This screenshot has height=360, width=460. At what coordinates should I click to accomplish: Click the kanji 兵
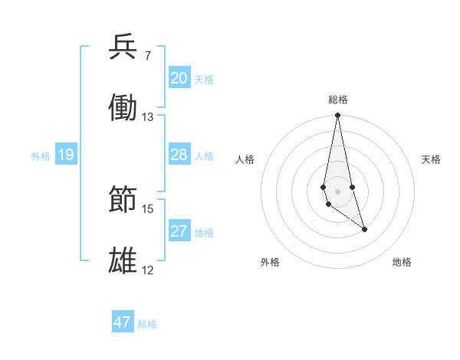123,48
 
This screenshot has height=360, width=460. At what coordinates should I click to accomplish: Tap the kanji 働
123,108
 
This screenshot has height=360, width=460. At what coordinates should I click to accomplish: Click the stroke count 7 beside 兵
148,56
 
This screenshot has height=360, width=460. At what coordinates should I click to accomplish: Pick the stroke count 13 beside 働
148,116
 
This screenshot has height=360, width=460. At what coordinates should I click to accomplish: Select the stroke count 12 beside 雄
148,270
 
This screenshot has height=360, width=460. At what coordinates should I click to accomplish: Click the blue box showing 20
179,78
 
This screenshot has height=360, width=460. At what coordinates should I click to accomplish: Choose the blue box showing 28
179,155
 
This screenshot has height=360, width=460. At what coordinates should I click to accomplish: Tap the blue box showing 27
179,231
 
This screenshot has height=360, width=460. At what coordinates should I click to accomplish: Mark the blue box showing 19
66,155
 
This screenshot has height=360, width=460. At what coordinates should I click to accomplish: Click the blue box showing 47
123,322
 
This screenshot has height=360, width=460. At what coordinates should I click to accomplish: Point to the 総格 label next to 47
147,324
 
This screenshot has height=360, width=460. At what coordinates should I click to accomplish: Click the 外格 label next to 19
41,155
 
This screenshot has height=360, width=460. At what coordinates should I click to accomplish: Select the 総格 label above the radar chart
337,100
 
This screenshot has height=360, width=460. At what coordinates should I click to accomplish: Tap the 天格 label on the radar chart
432,159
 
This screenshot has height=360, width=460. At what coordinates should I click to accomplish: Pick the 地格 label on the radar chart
402,262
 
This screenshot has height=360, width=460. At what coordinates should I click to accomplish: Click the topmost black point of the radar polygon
337,116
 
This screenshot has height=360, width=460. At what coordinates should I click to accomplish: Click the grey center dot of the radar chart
337,191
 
